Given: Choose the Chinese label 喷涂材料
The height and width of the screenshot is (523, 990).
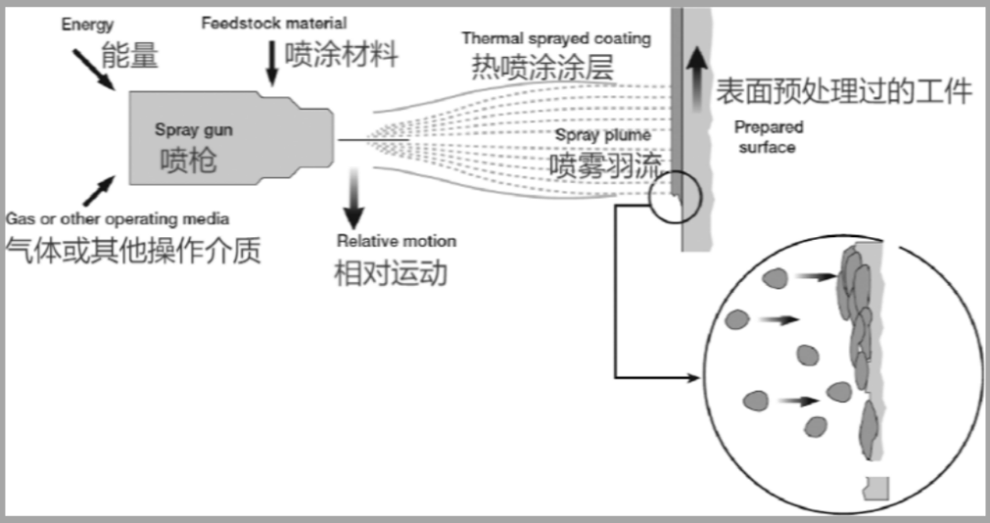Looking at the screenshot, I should [341, 54].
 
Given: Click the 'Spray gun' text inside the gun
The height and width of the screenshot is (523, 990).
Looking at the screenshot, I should [193, 130].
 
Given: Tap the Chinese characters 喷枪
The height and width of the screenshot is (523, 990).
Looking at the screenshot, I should [189, 160].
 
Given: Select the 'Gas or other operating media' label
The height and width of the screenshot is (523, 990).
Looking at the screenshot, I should [117, 220].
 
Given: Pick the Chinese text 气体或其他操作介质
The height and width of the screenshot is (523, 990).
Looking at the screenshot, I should [133, 249].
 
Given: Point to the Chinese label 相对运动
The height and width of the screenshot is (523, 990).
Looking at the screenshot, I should [390, 273].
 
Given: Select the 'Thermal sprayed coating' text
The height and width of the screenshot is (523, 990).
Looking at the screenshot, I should [555, 38].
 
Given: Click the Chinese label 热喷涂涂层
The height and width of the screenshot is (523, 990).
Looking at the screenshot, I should [542, 67].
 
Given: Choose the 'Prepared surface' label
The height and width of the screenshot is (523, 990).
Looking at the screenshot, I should [768, 136].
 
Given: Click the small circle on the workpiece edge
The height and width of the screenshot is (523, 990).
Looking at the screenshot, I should [676, 193].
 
